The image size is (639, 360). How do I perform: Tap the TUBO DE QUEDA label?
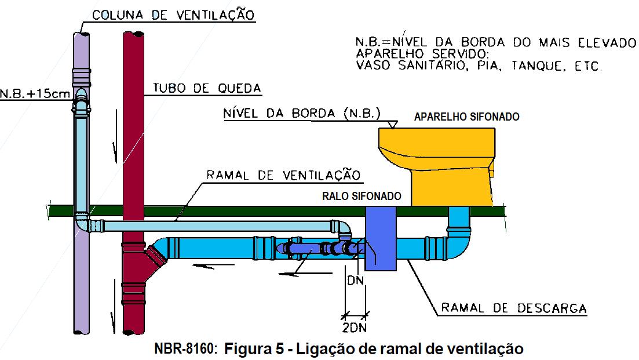[x=207, y=88]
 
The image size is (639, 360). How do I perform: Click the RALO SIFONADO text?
[x=362, y=197]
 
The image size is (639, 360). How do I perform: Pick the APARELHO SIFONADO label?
[x=466, y=117]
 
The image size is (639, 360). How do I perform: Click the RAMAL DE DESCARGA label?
[x=514, y=308]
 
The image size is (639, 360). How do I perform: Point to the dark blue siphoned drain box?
[x=381, y=238]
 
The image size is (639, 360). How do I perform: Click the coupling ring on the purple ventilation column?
[x=81, y=74]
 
